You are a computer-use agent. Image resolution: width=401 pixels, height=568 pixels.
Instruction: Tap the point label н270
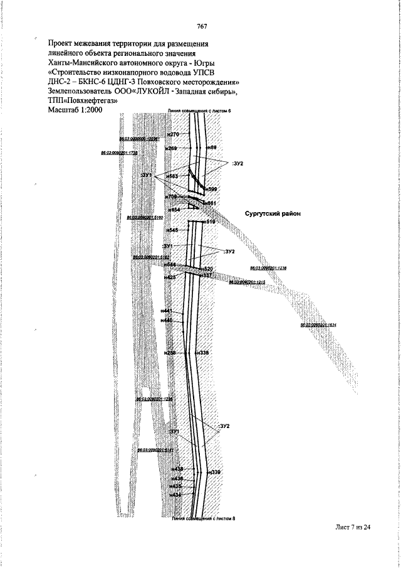pyautogui.click(x=174, y=135)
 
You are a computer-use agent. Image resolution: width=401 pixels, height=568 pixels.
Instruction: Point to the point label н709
pyautogui.click(x=171, y=197)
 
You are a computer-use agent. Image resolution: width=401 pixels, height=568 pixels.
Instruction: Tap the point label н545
pyautogui.click(x=172, y=230)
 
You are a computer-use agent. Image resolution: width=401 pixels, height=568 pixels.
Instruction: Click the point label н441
pyautogui.click(x=166, y=311)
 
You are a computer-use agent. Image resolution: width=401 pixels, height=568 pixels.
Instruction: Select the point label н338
pyautogui.click(x=202, y=353)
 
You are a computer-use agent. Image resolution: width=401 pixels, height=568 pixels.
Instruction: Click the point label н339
pyautogui.click(x=215, y=472)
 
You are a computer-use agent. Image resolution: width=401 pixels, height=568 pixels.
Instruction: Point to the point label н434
pyautogui.click(x=175, y=495)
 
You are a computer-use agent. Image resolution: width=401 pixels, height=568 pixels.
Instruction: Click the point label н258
pyautogui.click(x=170, y=353)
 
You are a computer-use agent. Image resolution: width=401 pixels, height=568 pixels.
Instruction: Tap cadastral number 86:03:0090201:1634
pyautogui.click(x=318, y=326)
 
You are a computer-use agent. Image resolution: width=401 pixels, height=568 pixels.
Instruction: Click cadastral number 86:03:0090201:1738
pyautogui.click(x=120, y=153)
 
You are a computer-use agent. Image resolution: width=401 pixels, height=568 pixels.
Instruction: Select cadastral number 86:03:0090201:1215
pyautogui.click(x=247, y=282)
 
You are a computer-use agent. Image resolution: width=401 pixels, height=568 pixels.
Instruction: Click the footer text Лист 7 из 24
pyautogui.click(x=353, y=527)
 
